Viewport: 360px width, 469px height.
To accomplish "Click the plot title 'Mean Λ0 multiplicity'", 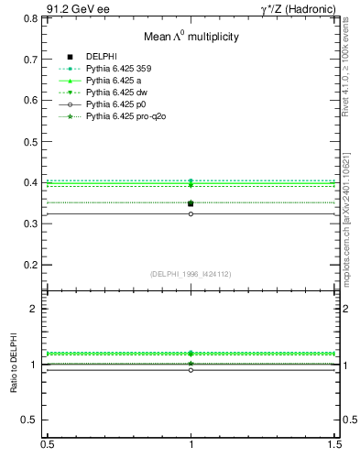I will pos(191,37).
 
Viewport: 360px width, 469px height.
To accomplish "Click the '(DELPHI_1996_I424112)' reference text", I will pos(191,274).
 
